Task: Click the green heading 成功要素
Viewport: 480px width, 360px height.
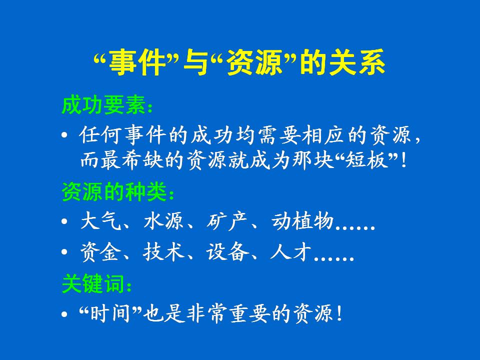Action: [103, 105]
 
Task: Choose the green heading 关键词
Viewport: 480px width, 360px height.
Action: [93, 283]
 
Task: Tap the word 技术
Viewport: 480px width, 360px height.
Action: [163, 252]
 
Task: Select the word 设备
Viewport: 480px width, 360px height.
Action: [227, 252]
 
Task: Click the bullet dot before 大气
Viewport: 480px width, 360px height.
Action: [64, 221]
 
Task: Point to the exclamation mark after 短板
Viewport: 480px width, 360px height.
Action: [403, 160]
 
